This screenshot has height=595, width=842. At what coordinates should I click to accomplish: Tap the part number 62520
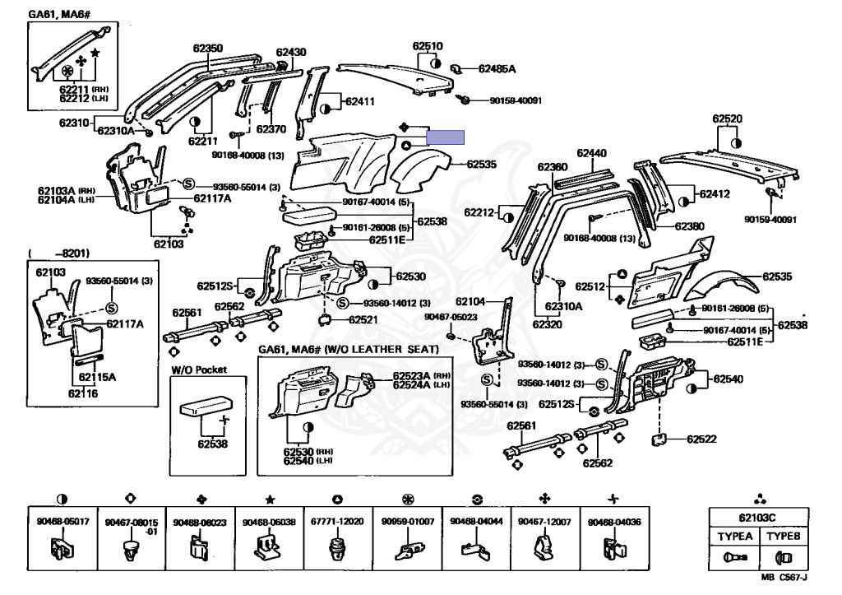(x=727, y=119)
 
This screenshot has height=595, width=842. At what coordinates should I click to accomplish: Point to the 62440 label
(x=591, y=153)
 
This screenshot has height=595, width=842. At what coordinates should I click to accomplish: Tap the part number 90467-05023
(x=450, y=317)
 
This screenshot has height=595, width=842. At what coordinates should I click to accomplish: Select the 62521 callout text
(x=363, y=319)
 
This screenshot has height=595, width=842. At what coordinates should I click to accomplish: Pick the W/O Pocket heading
(x=198, y=370)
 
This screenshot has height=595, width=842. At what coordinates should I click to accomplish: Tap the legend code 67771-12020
(x=337, y=523)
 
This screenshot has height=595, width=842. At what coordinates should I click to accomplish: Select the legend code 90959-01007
(x=407, y=523)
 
